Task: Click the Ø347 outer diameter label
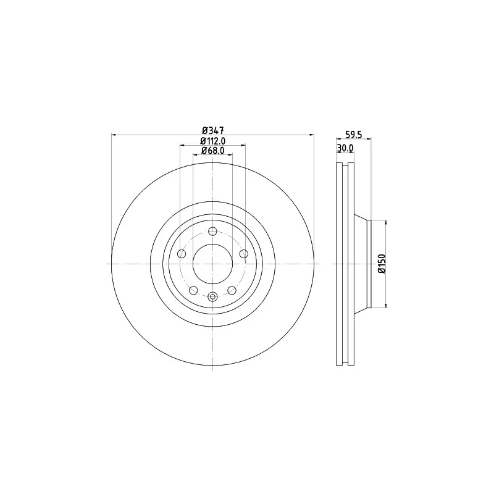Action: (x=212, y=130)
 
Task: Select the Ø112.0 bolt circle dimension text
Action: (x=212, y=141)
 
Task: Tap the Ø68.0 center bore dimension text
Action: (x=212, y=151)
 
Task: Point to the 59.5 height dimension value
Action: (x=354, y=135)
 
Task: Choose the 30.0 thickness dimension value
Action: (x=345, y=148)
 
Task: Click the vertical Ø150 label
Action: (x=382, y=264)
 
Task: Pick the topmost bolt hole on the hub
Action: (x=213, y=231)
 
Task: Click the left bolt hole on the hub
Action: (x=182, y=254)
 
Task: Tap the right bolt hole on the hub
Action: (x=244, y=254)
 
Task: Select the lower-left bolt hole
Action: (x=193, y=290)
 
